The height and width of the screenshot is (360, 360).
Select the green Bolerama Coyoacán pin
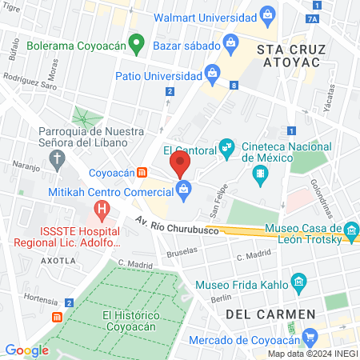[137, 44]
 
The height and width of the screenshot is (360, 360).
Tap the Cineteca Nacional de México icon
[259, 173]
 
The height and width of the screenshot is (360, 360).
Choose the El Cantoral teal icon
[228, 149]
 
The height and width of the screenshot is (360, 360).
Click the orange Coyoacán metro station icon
[142, 172]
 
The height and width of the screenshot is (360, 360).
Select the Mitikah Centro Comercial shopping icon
[184, 190]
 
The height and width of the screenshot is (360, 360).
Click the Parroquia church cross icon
[57, 160]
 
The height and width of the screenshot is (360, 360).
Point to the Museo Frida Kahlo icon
[299, 281]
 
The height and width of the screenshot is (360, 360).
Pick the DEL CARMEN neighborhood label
[261, 314]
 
